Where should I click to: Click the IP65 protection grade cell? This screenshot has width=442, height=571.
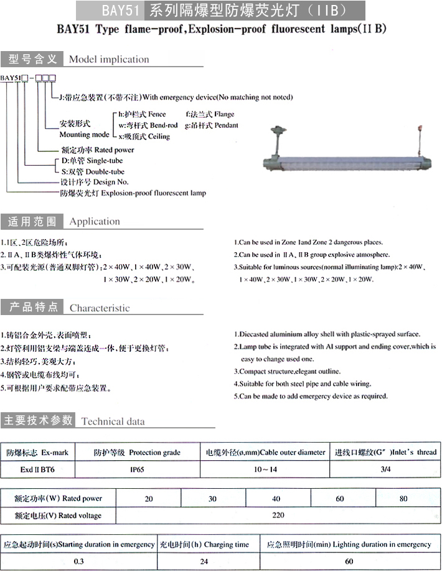coord(137,470)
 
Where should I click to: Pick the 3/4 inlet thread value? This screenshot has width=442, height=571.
coord(385,470)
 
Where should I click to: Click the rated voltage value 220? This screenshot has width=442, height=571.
coord(278,515)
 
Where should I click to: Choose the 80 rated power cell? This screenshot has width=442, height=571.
coord(403,499)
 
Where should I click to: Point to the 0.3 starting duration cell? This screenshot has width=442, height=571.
coord(78,561)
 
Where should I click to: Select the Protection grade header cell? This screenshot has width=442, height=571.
coord(136,452)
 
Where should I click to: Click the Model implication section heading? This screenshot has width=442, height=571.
coord(108,60)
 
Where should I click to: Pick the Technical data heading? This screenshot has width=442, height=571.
coord(113,422)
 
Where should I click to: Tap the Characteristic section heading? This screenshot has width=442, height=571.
coord(100,308)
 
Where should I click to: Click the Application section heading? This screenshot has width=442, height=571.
coord(95,222)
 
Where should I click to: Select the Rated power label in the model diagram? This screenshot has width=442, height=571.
coord(98,150)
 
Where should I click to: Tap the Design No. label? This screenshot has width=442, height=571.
coord(95,182)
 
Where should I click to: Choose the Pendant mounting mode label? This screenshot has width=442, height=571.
coord(212,125)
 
